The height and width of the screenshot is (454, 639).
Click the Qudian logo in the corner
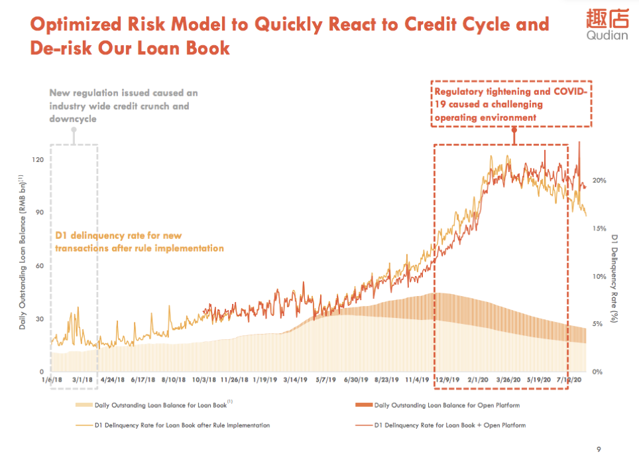(606, 27)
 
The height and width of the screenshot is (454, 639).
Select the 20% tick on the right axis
(599, 181)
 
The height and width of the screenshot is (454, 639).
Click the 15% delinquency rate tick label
(599, 228)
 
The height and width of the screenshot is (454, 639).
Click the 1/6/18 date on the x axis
(51, 380)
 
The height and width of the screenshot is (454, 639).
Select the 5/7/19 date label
(325, 380)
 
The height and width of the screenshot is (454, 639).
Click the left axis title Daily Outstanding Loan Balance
(22, 252)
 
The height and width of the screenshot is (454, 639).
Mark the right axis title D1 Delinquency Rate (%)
(614, 278)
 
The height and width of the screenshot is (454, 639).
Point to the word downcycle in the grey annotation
(74, 119)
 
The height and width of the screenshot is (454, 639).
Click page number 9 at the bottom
(599, 449)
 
